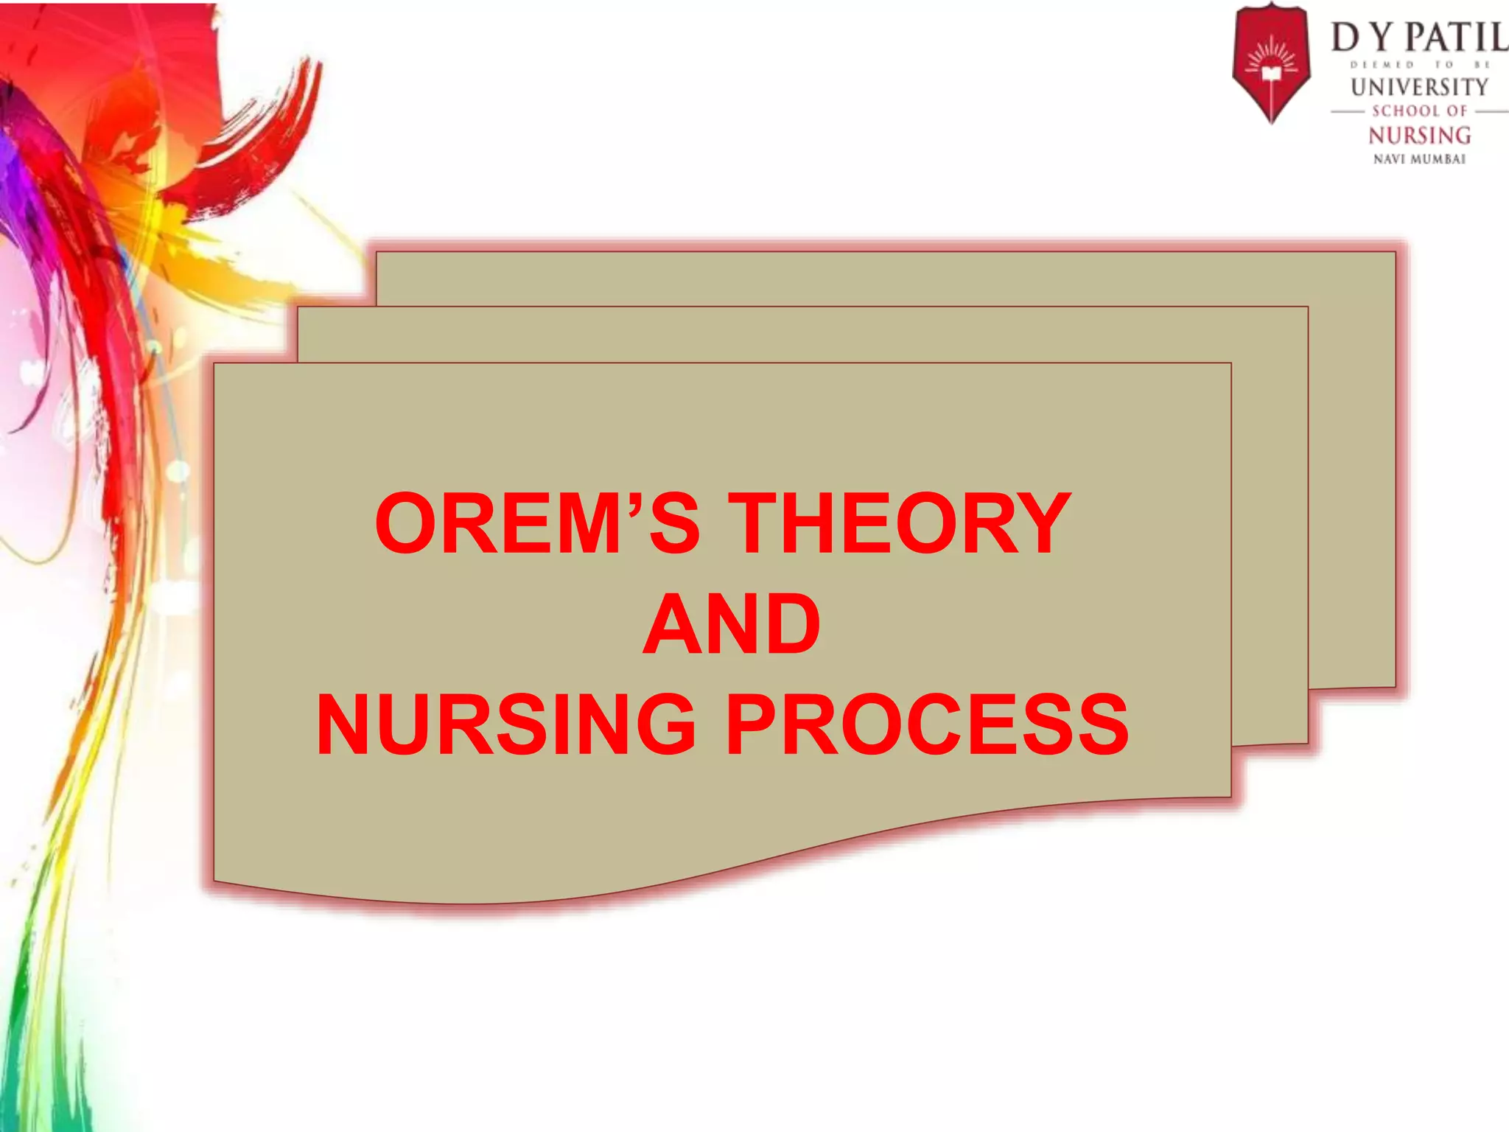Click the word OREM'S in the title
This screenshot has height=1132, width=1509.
(x=537, y=524)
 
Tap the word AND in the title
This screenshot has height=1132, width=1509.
(x=731, y=624)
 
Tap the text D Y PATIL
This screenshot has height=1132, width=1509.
(x=1418, y=37)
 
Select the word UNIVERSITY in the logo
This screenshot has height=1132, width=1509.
(x=1419, y=87)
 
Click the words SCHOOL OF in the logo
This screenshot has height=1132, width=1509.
(x=1419, y=111)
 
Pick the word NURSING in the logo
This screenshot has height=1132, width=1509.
(x=1419, y=136)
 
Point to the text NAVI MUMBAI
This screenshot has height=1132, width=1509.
(x=1419, y=159)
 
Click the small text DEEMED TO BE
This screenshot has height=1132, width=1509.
(x=1419, y=65)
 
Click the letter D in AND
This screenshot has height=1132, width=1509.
(x=788, y=624)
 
